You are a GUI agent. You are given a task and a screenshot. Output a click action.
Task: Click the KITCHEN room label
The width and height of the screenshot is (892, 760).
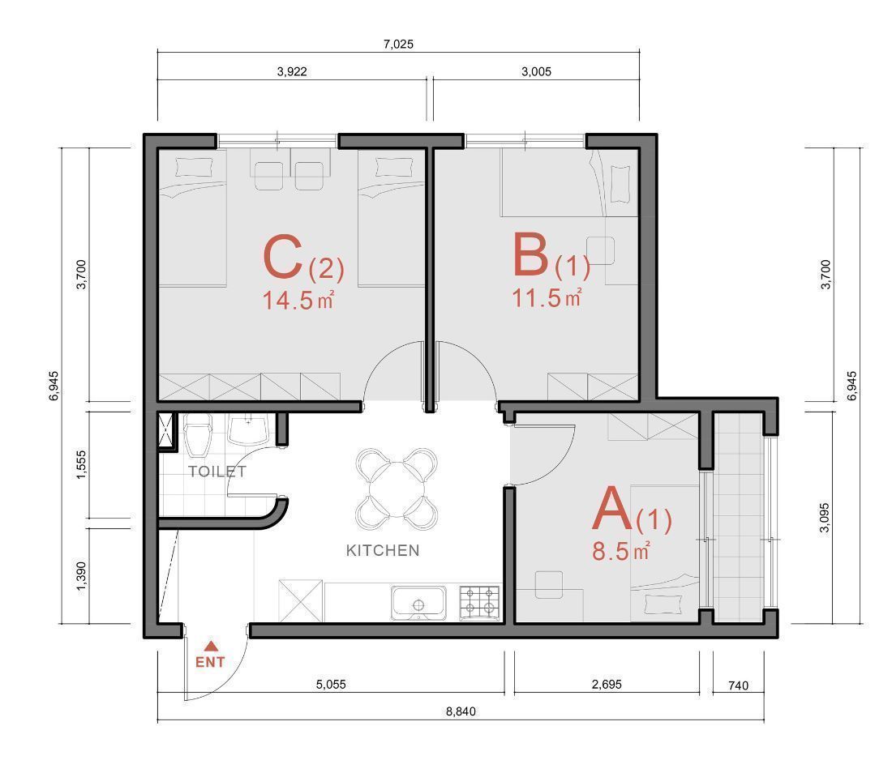[x=383, y=550]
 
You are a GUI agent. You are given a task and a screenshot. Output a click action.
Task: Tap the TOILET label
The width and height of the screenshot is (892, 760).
[x=217, y=472]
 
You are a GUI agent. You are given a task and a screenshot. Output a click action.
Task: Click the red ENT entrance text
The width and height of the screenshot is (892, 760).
[x=211, y=662]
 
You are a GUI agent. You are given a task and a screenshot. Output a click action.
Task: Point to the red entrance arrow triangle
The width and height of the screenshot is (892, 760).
[x=211, y=646]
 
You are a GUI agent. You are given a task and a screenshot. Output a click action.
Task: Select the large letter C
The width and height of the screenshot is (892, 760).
[x=283, y=258]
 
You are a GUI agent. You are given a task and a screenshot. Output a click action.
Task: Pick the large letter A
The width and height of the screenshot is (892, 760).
[x=612, y=508]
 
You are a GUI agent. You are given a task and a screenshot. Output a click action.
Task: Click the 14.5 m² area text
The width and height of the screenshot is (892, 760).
[x=298, y=300]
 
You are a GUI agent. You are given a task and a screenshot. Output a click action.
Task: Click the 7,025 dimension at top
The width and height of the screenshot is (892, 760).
[x=398, y=45]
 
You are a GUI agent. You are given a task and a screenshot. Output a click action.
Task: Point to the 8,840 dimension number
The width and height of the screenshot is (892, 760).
[x=461, y=711]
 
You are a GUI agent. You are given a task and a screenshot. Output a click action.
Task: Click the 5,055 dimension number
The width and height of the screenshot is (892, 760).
[x=331, y=685]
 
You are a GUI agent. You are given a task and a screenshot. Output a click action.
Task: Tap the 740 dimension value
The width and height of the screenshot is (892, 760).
[x=739, y=685]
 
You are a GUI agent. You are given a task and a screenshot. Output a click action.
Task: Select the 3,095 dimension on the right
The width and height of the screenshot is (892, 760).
[x=825, y=518]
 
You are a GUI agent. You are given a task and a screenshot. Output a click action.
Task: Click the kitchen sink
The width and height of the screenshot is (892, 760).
[x=418, y=604]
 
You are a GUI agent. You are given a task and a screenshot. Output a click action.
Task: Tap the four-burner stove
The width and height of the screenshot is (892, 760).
[x=479, y=603]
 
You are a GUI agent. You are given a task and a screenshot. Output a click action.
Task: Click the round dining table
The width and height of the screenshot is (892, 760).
[x=397, y=489]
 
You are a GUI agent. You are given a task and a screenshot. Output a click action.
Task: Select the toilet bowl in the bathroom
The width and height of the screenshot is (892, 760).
[x=197, y=435]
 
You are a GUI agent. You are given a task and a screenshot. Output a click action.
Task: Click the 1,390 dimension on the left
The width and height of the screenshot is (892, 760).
[x=81, y=576]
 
